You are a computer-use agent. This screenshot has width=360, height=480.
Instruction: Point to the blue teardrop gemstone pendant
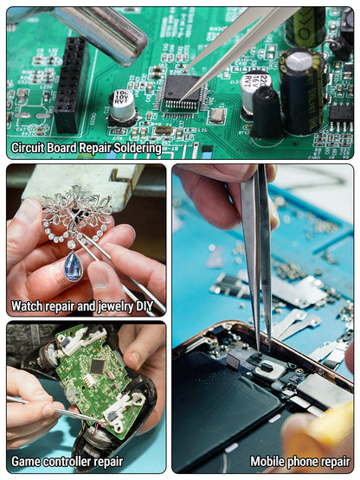point(73,266)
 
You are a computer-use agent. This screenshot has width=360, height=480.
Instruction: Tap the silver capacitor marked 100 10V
point(122,105)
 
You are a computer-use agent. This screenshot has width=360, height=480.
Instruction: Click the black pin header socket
point(70,85)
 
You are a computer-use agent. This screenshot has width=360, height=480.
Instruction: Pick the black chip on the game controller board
point(98,367)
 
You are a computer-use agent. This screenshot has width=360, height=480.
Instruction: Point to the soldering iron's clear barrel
point(101,34)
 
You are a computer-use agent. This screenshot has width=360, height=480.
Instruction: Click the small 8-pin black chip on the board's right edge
point(341,117)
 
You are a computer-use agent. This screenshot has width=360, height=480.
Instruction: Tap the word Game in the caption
point(25,462)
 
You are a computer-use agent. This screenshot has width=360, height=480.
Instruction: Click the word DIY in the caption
point(145,306)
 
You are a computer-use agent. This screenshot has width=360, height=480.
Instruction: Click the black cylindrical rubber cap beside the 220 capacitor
point(267,113)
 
